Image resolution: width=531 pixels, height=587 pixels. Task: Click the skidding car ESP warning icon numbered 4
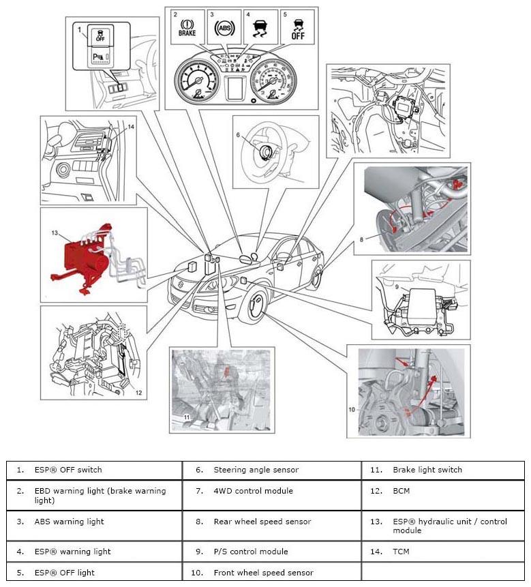(260, 28)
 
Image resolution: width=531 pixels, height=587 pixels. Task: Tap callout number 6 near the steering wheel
(239, 135)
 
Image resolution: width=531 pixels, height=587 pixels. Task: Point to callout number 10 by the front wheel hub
(352, 410)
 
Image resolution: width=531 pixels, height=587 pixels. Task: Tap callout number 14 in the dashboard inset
(131, 127)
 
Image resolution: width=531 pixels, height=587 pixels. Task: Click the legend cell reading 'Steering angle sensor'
(256, 470)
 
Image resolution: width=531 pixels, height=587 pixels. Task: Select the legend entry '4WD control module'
(253, 491)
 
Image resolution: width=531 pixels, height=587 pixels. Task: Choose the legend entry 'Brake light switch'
(427, 470)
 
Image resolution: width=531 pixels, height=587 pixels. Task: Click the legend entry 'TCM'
(401, 552)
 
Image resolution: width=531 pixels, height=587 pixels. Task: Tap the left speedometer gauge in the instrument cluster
(197, 80)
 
